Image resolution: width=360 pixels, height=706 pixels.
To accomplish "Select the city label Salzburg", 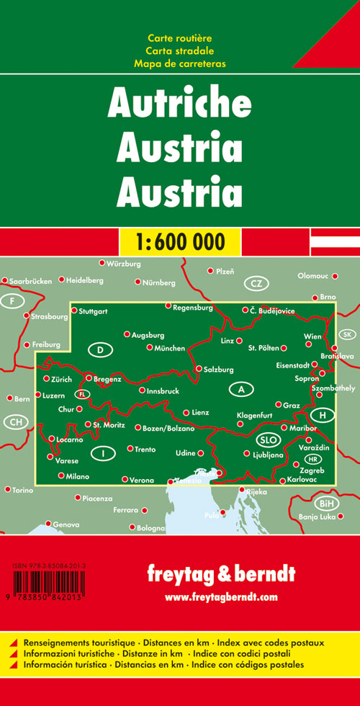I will point(220,370).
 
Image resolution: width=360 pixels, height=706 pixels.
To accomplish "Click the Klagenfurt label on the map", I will point(257,416).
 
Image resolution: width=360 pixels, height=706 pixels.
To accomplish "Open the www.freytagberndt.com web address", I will point(220,597).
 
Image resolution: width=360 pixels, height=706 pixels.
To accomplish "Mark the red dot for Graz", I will point(278,405).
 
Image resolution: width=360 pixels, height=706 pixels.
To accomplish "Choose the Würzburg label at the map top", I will point(123,264).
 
